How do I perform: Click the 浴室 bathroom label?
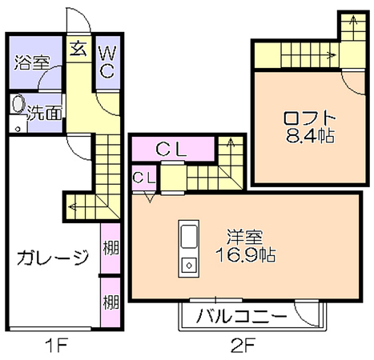point(32,62)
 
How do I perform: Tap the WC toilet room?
point(107,62)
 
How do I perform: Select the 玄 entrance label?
point(78,49)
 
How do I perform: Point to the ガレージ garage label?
point(53,257)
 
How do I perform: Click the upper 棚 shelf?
point(111,248)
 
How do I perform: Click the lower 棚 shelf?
point(111,302)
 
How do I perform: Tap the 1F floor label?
point(57,346)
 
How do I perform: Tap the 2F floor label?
point(243,346)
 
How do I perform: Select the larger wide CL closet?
point(173,149)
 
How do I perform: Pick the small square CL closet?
point(144,178)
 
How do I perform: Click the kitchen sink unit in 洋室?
point(189,249)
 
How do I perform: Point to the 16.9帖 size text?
point(246,254)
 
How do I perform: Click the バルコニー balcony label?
point(242,316)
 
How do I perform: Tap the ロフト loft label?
point(310,118)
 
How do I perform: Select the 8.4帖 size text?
point(310,135)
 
